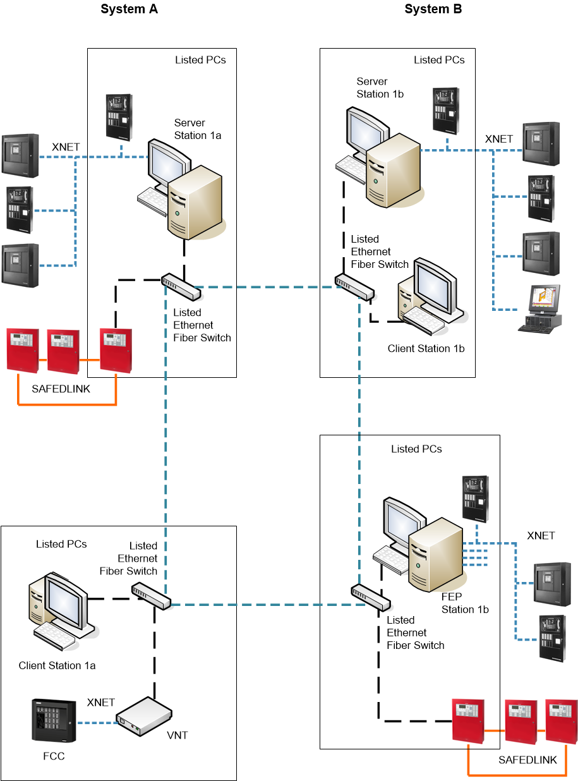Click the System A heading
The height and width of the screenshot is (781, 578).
[129, 9]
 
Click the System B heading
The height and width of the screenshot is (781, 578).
[433, 9]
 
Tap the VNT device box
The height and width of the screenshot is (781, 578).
[144, 717]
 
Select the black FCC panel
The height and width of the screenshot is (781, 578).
[54, 721]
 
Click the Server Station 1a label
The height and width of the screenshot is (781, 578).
[198, 129]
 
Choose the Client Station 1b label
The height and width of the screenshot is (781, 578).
[426, 348]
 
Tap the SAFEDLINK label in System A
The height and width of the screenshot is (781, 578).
[61, 389]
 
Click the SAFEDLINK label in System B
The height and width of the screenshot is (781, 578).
[527, 760]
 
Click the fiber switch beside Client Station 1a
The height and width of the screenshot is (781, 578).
[151, 596]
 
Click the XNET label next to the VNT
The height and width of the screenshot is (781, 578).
[101, 702]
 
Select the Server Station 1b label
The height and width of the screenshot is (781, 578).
[380, 87]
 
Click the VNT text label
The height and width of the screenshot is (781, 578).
[178, 736]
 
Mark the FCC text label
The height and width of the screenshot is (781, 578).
[54, 756]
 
